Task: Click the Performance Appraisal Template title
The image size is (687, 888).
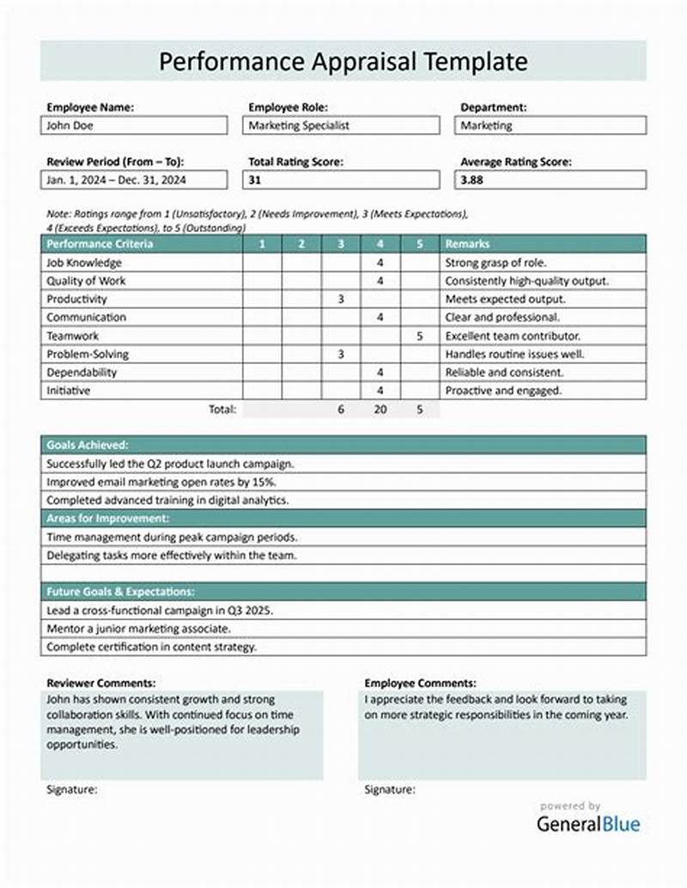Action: pos(343,62)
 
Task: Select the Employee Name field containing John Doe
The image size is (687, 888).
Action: pos(136,125)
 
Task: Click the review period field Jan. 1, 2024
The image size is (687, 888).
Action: pos(136,180)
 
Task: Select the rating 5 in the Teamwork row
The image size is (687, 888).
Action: pos(419,336)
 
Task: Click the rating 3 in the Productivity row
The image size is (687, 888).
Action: pos(340,299)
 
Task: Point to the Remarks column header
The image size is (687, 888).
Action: pos(468,244)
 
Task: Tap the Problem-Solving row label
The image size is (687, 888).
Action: pos(88,354)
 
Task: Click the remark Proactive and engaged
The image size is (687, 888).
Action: pos(503,391)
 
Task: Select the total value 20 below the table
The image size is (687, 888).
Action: pos(380,410)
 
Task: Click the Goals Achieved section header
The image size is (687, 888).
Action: pos(88,445)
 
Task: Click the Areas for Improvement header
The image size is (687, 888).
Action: pos(107,519)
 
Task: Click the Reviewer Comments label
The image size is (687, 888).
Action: pos(100,683)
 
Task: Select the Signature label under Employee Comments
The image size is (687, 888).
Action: pos(390,789)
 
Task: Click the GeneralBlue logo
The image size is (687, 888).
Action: pos(588,823)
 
